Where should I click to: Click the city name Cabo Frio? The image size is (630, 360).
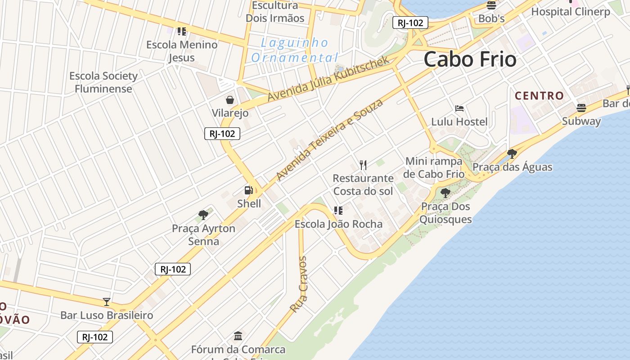[470, 59]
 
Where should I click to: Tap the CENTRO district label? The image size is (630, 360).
[539, 95]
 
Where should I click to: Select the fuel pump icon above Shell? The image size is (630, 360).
[248, 190]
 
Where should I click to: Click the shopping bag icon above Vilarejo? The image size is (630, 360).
[230, 99]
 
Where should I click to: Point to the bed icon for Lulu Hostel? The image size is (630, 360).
[459, 108]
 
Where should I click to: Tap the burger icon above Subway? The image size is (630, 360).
[581, 108]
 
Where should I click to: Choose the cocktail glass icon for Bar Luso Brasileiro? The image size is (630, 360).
[107, 301]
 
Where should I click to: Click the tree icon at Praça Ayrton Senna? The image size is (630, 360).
[203, 215]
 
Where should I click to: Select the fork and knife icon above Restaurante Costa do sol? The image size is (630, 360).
[363, 165]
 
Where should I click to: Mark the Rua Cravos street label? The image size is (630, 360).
[299, 284]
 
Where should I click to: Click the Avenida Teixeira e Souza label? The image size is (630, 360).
[330, 139]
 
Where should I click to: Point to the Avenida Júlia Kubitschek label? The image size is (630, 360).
[328, 79]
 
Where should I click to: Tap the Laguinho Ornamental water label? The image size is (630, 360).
[295, 50]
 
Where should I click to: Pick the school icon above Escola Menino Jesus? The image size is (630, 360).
[182, 31]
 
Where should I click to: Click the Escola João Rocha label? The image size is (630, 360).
[338, 224]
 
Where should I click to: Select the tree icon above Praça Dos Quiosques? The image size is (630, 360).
[445, 193]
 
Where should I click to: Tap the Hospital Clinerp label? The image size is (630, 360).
[571, 12]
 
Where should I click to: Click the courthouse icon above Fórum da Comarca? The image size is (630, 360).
[238, 336]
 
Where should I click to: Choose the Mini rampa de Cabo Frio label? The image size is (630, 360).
[434, 167]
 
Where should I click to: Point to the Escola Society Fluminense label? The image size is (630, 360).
[103, 82]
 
